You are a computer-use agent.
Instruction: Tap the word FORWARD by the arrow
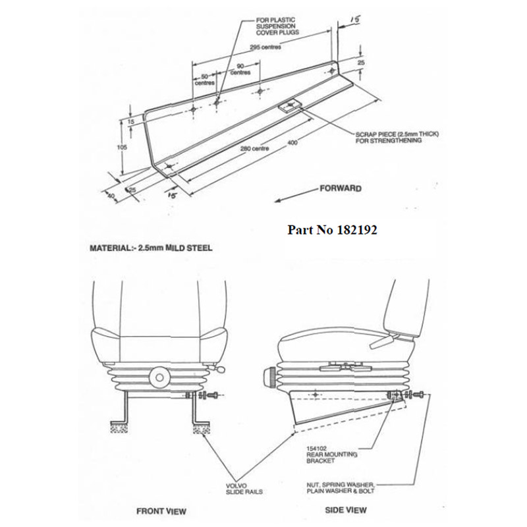coord(339,188)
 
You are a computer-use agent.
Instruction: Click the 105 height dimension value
coord(122,148)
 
